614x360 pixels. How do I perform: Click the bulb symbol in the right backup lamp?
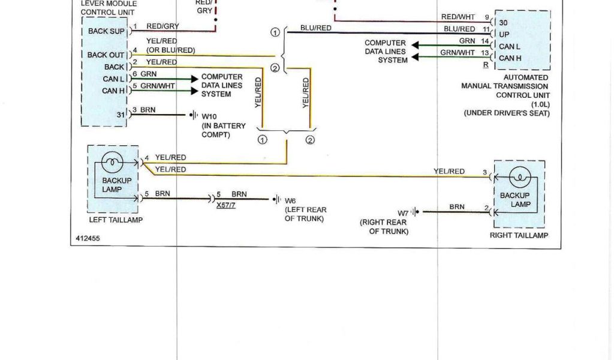tap(519, 176)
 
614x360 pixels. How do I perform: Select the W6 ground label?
tap(290, 200)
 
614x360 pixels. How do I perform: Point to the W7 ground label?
tap(402, 212)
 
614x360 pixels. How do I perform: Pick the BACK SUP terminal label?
tap(106, 31)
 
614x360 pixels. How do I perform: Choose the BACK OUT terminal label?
tap(106, 55)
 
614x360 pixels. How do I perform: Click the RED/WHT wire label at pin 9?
tap(458, 17)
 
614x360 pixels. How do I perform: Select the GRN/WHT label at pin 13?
tap(457, 53)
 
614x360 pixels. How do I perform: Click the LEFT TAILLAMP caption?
tap(115, 220)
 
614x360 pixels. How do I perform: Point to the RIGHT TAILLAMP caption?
tap(519, 236)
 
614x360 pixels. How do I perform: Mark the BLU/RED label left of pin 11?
tap(459, 29)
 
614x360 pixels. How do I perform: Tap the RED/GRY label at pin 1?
tap(162, 26)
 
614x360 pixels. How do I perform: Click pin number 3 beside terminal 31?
tap(134, 110)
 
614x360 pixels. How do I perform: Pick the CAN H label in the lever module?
tap(113, 91)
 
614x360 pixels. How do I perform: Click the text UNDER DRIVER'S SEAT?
tap(506, 113)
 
